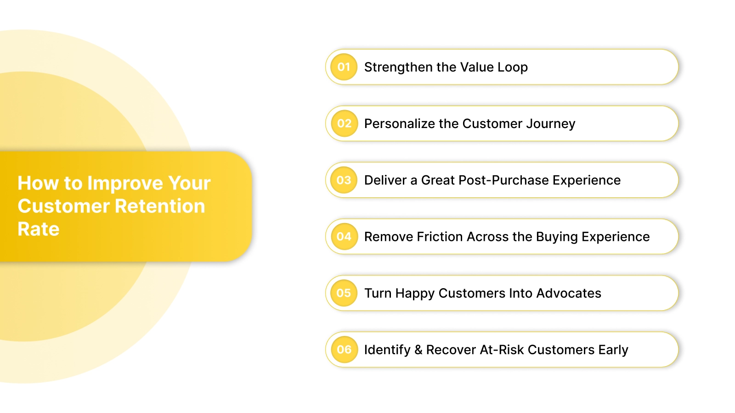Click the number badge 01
point(344,67)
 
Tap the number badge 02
point(344,123)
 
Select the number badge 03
point(344,180)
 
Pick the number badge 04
point(344,236)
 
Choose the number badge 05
point(344,293)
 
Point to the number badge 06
point(344,349)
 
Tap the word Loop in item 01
point(512,67)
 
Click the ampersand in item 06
point(418,350)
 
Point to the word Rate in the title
point(39,229)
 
